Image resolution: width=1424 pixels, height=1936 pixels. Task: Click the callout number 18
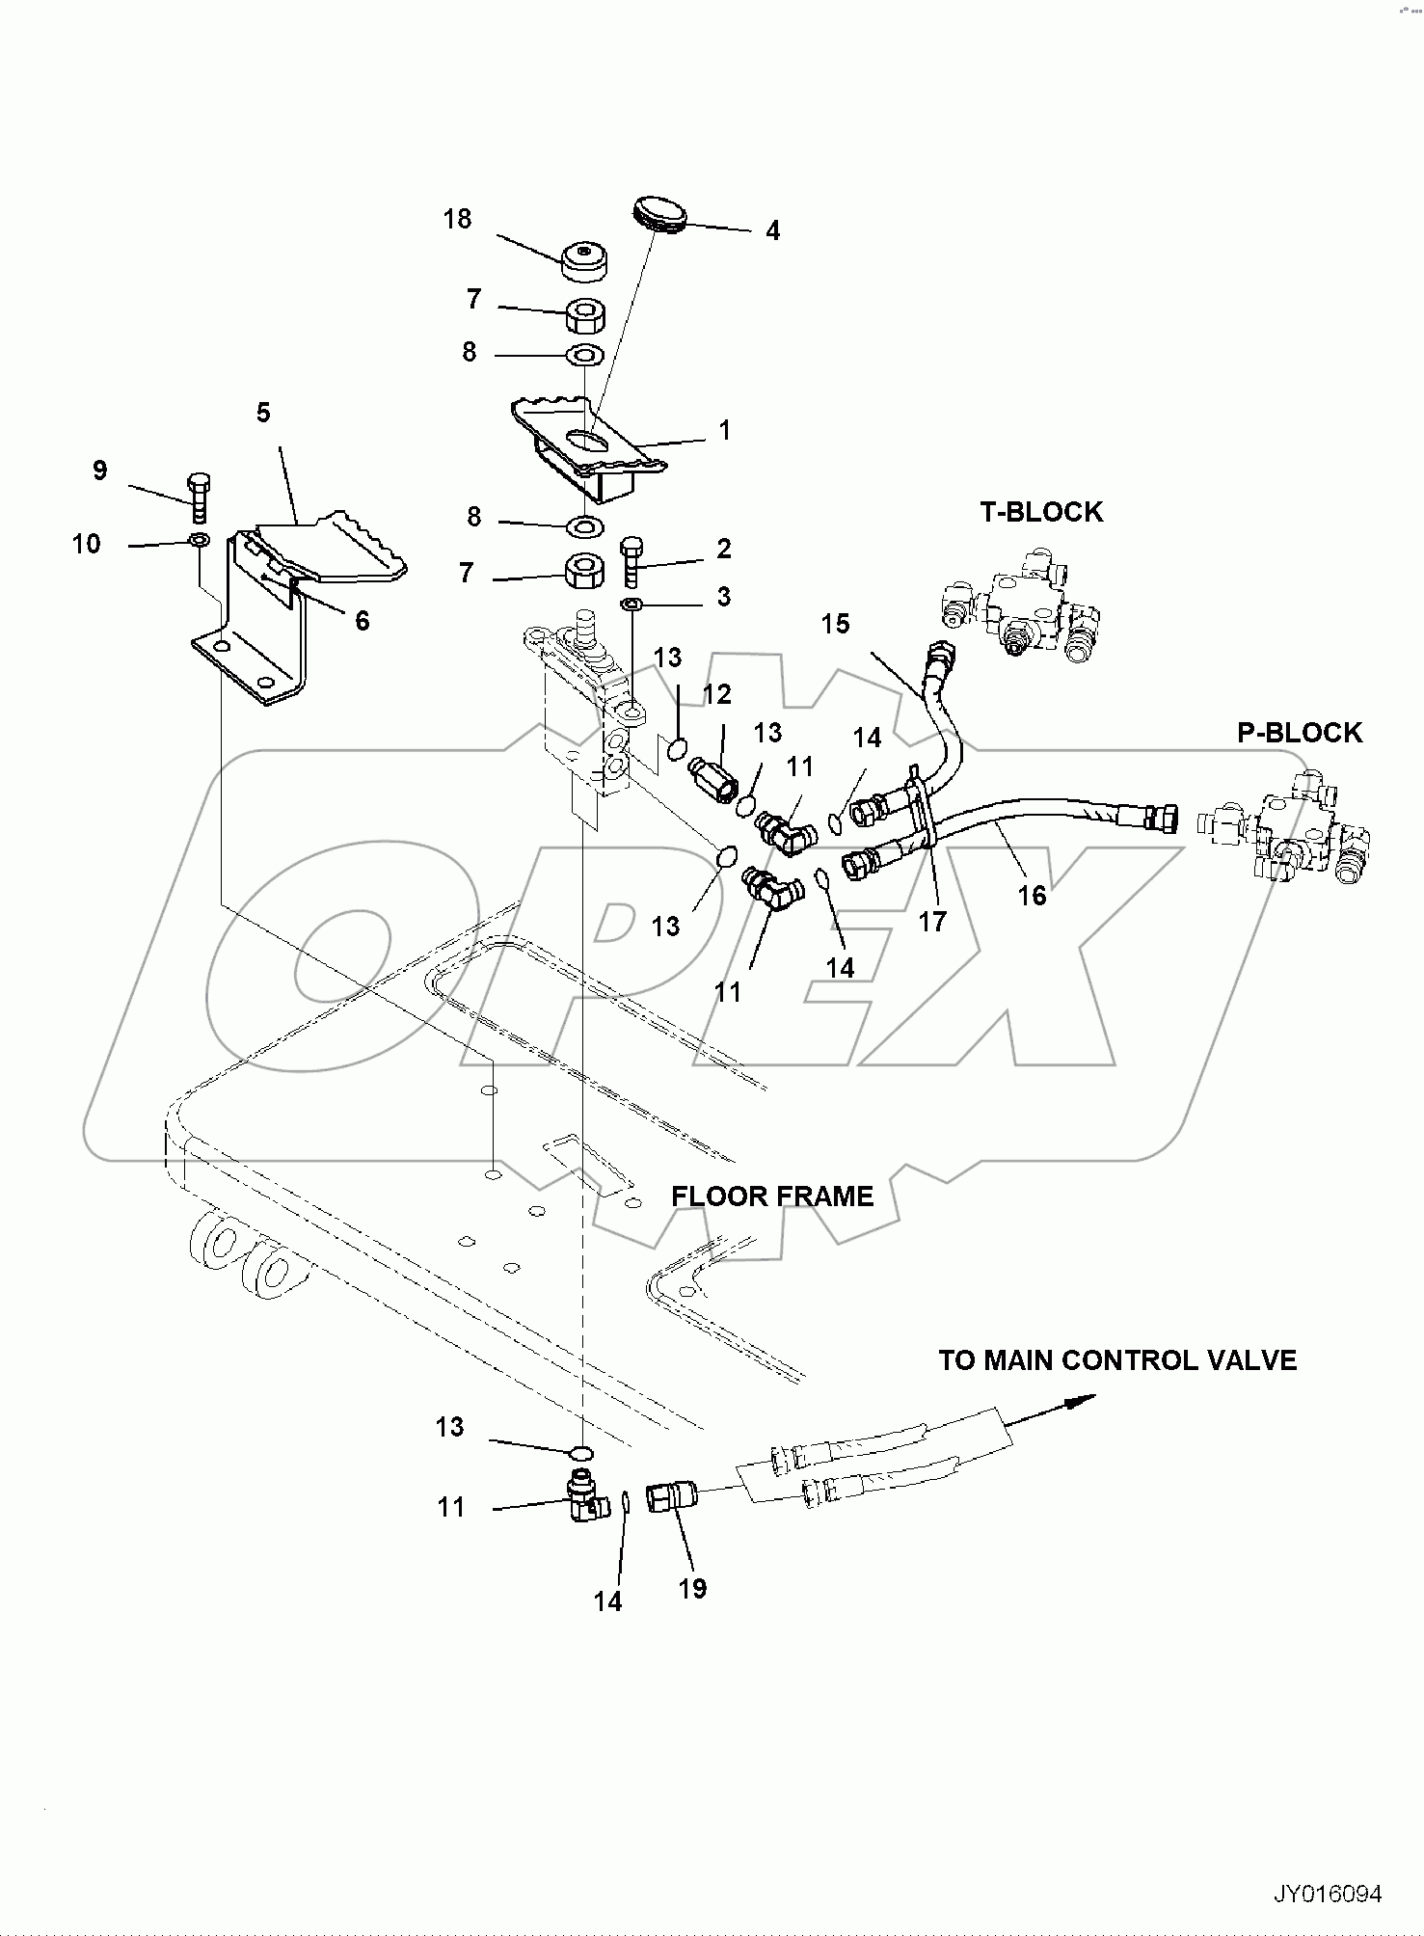tap(457, 220)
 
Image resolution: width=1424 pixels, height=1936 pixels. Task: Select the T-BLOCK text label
tap(1041, 512)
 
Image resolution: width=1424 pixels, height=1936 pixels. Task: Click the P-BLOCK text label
tap(1300, 733)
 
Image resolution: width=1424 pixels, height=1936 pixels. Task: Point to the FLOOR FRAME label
tap(772, 1197)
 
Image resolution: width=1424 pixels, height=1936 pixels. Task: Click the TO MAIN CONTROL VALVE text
tap(1117, 1360)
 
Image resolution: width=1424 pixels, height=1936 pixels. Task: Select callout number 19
tap(692, 1588)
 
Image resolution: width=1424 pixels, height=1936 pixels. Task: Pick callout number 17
tap(932, 922)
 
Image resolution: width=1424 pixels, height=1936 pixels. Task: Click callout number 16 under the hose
tap(1032, 896)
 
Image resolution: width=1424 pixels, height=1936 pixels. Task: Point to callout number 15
tap(836, 624)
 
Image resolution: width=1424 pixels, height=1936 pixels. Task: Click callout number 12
tap(716, 694)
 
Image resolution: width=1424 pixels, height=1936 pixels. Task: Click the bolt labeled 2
tap(631, 562)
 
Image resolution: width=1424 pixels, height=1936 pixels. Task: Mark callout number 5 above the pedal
tap(263, 413)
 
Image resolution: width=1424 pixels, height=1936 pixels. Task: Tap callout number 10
tap(86, 544)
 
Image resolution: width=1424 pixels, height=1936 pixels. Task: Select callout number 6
tap(362, 620)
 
